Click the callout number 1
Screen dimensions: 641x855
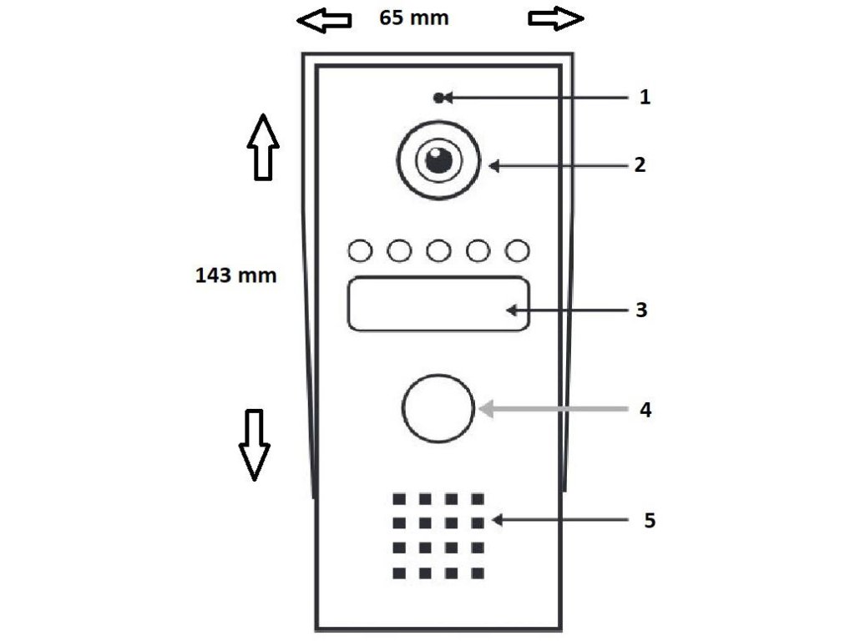(x=644, y=98)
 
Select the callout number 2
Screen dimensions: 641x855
(x=640, y=164)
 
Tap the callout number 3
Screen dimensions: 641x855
(x=641, y=310)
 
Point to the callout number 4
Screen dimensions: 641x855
(x=645, y=410)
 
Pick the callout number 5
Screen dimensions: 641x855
(x=650, y=521)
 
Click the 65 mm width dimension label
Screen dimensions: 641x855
(x=414, y=18)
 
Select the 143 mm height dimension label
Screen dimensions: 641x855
(x=235, y=275)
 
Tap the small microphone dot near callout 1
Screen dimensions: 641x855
(x=438, y=98)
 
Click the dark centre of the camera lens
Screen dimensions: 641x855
(x=438, y=160)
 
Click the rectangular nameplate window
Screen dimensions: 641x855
(x=438, y=303)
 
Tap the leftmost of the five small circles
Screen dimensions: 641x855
(x=360, y=250)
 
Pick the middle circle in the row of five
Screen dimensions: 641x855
(x=439, y=250)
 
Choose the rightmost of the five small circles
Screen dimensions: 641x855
(x=519, y=250)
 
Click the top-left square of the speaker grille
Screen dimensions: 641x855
(x=399, y=499)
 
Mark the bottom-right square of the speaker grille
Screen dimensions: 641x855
(x=478, y=573)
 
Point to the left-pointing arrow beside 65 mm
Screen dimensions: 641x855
(x=324, y=20)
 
